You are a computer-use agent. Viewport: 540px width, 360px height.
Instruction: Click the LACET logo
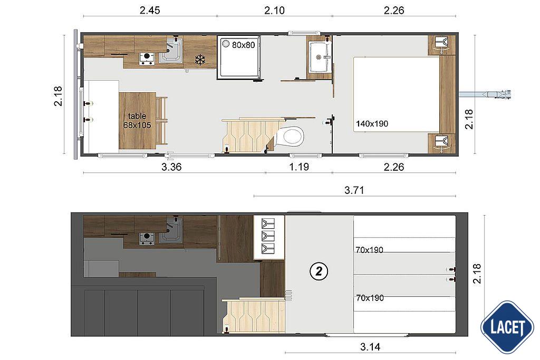[507, 327]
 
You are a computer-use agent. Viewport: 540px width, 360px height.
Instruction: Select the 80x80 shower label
[243, 45]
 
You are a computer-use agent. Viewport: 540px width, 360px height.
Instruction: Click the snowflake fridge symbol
[200, 60]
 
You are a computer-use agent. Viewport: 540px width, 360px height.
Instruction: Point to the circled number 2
[319, 271]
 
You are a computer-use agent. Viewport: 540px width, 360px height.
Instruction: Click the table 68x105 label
[137, 121]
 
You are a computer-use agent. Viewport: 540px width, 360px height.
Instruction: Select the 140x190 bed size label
[372, 124]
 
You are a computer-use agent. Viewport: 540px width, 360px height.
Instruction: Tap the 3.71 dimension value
[354, 190]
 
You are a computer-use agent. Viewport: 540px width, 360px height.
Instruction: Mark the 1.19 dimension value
[299, 168]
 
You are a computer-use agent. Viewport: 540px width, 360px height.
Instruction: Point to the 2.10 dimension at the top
[274, 10]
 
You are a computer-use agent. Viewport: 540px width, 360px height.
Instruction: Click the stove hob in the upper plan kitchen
[147, 59]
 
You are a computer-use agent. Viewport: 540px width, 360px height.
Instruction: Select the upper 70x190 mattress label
[370, 250]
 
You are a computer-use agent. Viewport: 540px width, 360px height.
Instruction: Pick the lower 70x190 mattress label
[370, 298]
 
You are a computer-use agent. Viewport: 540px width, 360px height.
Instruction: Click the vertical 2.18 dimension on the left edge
[58, 96]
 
